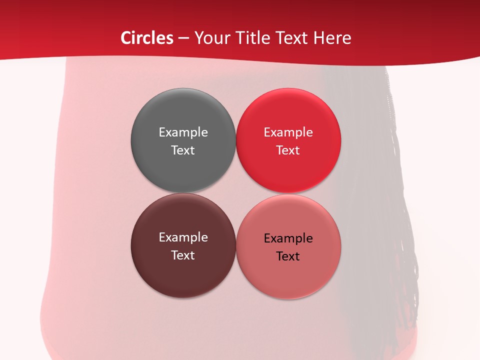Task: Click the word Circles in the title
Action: pyautogui.click(x=147, y=38)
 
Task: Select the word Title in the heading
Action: pyautogui.click(x=251, y=38)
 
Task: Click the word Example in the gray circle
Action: pyautogui.click(x=183, y=132)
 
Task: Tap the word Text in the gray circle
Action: pyautogui.click(x=183, y=150)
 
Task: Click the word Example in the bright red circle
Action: pyautogui.click(x=288, y=132)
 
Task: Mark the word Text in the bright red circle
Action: pyautogui.click(x=288, y=150)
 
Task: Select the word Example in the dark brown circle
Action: pyautogui.click(x=183, y=237)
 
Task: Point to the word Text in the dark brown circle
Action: pyautogui.click(x=183, y=255)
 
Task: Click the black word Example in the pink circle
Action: pyautogui.click(x=288, y=238)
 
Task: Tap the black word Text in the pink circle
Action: pyautogui.click(x=288, y=256)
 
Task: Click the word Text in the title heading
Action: pyautogui.click(x=290, y=38)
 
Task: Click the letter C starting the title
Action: pyautogui.click(x=126, y=38)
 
